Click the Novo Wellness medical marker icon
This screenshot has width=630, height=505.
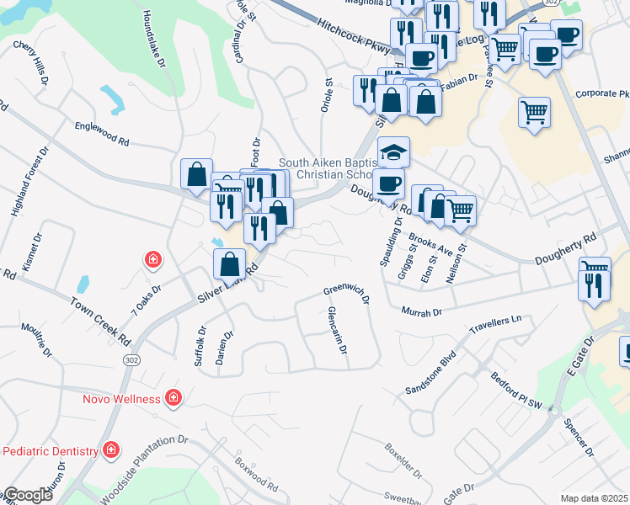(x=173, y=396)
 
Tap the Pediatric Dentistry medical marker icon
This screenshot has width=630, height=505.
(x=110, y=451)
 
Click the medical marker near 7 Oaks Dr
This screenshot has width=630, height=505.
(x=152, y=259)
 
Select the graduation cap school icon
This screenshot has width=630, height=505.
(x=393, y=152)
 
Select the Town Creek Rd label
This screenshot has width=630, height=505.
(x=101, y=321)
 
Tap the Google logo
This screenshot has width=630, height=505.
(x=28, y=495)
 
